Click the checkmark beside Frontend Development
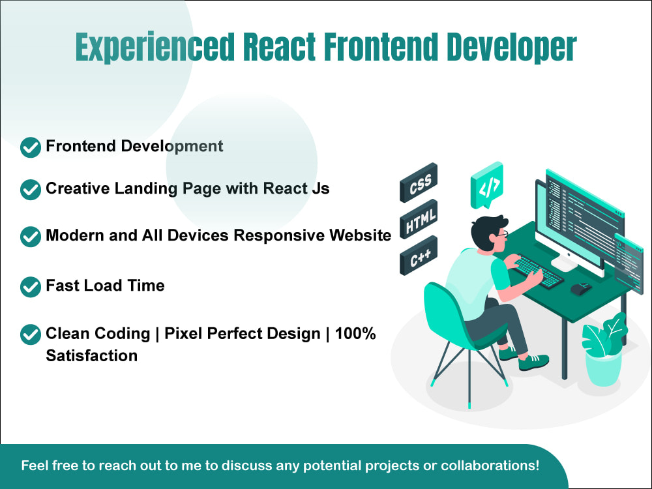pyautogui.click(x=31, y=147)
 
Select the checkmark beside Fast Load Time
pyautogui.click(x=31, y=286)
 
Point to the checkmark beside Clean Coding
pyautogui.click(x=31, y=334)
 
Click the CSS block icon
pyautogui.click(x=418, y=183)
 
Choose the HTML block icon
pyautogui.click(x=418, y=220)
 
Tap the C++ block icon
pyautogui.click(x=418, y=256)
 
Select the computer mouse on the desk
pyautogui.click(x=581, y=288)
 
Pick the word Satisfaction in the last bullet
pyautogui.click(x=91, y=356)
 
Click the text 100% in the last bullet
pyautogui.click(x=355, y=334)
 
